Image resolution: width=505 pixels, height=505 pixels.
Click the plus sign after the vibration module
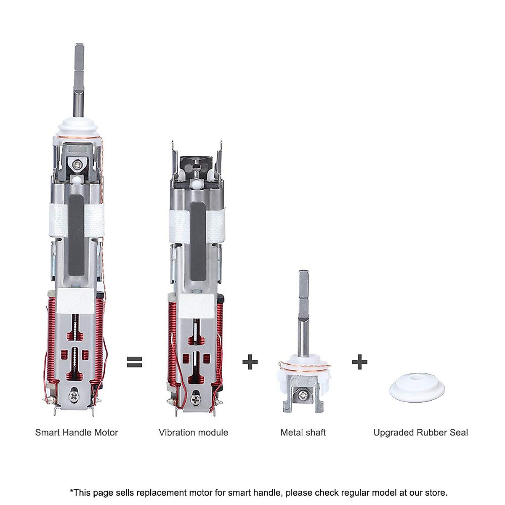(x=250, y=361)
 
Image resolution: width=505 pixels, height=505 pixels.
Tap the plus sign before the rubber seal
(x=359, y=361)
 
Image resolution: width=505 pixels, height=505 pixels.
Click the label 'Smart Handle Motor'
(x=77, y=432)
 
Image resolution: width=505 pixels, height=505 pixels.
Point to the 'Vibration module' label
(x=194, y=432)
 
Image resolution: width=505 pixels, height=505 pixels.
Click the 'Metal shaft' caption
(x=303, y=432)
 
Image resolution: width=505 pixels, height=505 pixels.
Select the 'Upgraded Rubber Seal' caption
(x=420, y=432)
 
